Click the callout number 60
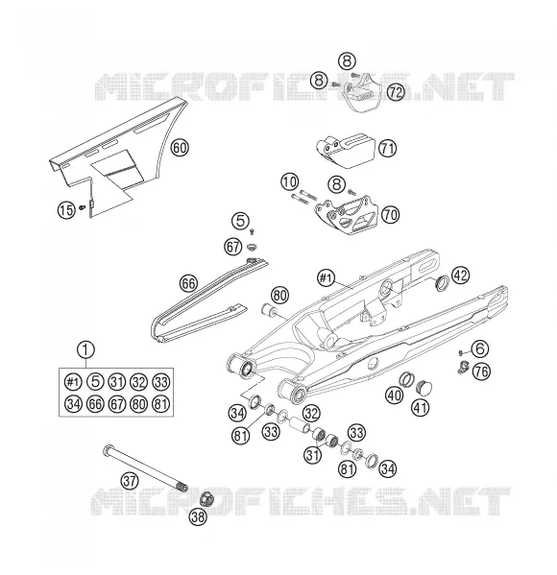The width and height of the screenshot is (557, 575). tap(180, 148)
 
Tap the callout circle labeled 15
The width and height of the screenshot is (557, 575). tap(66, 210)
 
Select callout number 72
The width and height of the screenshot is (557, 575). tap(396, 92)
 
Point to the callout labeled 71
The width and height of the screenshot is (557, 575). tap(387, 149)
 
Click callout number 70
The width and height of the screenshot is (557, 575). tap(390, 214)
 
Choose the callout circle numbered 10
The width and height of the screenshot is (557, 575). tap(290, 181)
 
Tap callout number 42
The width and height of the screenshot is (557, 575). tap(461, 276)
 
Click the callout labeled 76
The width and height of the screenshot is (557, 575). tap(481, 371)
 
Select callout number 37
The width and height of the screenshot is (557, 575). tap(129, 480)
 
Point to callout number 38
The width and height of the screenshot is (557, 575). tap(198, 517)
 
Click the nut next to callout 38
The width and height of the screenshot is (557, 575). tap(206, 499)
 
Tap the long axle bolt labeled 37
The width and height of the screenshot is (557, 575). tap(145, 468)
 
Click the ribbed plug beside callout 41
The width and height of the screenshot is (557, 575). tap(424, 387)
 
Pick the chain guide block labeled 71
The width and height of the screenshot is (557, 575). tap(346, 151)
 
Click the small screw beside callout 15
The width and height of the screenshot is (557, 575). tap(82, 208)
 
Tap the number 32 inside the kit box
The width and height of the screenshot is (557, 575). tap(138, 382)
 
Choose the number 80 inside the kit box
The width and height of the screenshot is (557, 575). tap(138, 404)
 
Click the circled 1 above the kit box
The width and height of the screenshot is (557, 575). tap(85, 350)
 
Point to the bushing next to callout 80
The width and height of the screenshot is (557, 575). tap(269, 311)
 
